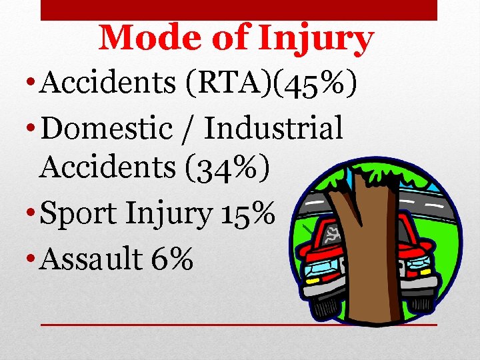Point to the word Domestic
[x=107, y=127]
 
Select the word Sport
[x=85, y=213]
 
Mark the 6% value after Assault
[x=172, y=257]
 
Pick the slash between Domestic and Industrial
[x=188, y=128]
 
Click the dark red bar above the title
[x=239, y=9]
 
